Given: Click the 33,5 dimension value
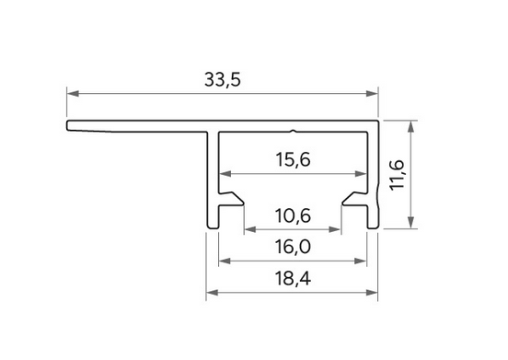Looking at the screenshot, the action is tap(223, 80).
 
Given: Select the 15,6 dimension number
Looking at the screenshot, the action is tap(293, 159).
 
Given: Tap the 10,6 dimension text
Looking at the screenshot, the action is tap(293, 215).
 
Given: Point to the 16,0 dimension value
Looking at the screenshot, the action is tap(293, 247).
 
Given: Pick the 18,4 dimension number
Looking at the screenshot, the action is tap(293, 278).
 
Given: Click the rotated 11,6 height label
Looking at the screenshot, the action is tap(398, 175).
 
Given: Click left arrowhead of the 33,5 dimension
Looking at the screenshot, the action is tap(73, 94).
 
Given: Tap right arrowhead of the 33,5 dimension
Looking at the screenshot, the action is tap(372, 94).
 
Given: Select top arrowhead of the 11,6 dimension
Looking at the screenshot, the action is tap(410, 126).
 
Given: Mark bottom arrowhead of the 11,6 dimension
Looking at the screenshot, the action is tap(410, 222).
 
